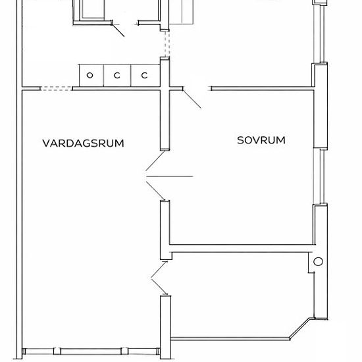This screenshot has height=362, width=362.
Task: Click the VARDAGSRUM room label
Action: click(83, 143)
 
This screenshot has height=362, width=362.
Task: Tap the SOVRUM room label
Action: click(261, 140)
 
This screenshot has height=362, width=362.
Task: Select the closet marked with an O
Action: click(91, 76)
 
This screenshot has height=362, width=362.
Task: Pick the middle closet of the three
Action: click(117, 76)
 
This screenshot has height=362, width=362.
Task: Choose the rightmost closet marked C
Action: click(145, 76)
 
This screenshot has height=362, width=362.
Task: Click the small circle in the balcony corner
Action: click(318, 261)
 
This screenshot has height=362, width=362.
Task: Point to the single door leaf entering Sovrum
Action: click(192, 99)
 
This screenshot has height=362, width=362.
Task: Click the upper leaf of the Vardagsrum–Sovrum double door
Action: click(155, 161)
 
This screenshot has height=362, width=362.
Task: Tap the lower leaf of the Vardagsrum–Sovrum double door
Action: click(155, 191)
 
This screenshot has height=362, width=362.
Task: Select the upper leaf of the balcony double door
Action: click(159, 269)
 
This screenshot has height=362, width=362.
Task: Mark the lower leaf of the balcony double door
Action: click(159, 287)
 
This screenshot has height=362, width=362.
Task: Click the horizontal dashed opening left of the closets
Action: click(56, 88)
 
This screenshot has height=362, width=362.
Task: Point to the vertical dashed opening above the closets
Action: click(167, 43)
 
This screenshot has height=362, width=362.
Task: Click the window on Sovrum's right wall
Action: click(321, 176)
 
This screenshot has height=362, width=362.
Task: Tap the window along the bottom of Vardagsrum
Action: click(91, 351)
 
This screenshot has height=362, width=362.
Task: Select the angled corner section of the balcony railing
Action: click(300, 328)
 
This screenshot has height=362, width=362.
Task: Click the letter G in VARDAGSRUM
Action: click(85, 143)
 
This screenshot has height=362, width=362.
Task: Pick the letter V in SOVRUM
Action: click(256, 140)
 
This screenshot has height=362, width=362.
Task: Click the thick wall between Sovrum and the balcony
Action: click(241, 248)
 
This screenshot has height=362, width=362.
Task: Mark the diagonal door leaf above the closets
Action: click(118, 30)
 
